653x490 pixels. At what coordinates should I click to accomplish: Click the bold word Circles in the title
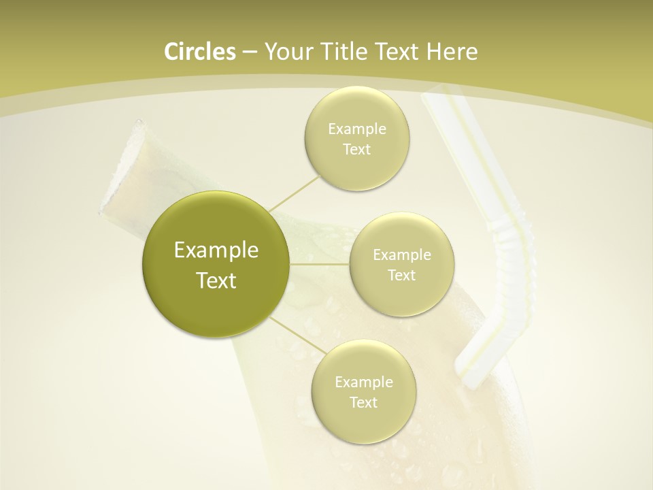click(x=199, y=52)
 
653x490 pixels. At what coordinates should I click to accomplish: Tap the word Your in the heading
click(x=286, y=52)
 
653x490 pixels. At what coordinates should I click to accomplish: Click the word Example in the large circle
click(x=216, y=250)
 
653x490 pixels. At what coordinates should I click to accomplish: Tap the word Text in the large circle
click(x=216, y=280)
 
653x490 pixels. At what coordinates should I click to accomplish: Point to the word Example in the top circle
click(x=357, y=129)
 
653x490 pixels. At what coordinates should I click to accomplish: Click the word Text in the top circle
click(x=357, y=150)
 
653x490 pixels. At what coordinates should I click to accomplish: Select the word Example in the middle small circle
click(x=401, y=255)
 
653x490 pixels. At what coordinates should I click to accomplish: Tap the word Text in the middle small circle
click(x=401, y=276)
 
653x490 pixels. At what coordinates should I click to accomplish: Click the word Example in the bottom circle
click(x=363, y=382)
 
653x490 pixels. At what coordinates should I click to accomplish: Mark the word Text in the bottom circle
click(x=363, y=403)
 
